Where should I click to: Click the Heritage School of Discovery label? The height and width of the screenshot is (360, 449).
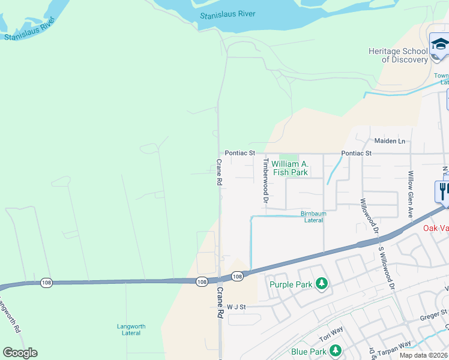(398, 56)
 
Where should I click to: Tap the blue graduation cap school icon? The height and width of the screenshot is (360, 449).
(439, 45)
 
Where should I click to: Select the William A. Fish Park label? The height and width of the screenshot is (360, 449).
(290, 168)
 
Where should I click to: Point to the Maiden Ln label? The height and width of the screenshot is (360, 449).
(390, 141)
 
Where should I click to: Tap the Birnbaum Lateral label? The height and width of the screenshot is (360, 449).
(313, 217)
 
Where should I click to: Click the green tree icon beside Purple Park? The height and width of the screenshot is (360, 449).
(322, 283)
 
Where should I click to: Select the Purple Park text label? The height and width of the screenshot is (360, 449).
(291, 284)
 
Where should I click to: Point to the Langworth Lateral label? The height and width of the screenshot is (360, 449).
(131, 330)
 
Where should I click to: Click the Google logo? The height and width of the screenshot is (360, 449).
(20, 353)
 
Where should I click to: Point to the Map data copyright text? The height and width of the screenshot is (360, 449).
(424, 355)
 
